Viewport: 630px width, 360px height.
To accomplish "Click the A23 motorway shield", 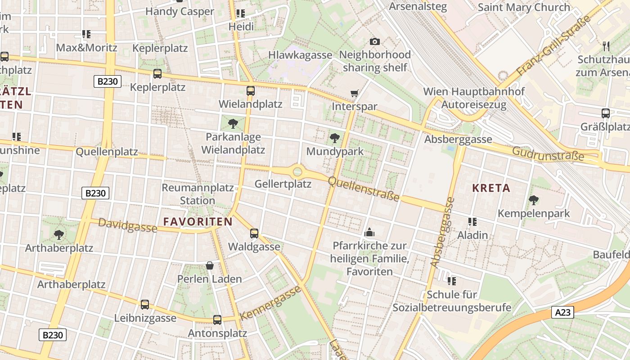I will (x=562, y=312).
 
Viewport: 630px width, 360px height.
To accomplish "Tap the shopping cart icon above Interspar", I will (x=355, y=94).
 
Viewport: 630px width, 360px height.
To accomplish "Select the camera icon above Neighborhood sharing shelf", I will (x=374, y=42).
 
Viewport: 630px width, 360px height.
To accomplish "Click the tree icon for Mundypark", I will (x=334, y=138).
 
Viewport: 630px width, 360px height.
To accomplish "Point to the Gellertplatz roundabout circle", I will (x=297, y=171).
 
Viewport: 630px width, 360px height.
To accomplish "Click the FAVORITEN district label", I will (x=198, y=221).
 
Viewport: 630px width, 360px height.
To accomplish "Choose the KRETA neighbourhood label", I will (x=491, y=188).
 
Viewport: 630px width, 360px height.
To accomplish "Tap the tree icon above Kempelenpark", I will (x=534, y=200).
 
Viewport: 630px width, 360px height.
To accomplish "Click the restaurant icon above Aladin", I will (x=472, y=221).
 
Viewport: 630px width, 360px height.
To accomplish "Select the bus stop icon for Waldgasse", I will (x=254, y=233).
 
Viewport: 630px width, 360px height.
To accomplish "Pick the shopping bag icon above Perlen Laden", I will (x=209, y=265).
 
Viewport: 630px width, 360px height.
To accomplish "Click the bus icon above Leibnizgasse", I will (x=145, y=305).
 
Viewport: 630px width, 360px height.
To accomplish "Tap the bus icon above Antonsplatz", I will (x=217, y=320).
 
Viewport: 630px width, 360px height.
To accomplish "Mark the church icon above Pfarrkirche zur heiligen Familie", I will (x=369, y=232).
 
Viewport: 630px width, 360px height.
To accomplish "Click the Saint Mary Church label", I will (x=524, y=7).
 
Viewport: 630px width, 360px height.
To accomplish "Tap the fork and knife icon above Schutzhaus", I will (x=606, y=46).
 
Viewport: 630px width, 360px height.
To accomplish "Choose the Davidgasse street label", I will (x=127, y=225).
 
